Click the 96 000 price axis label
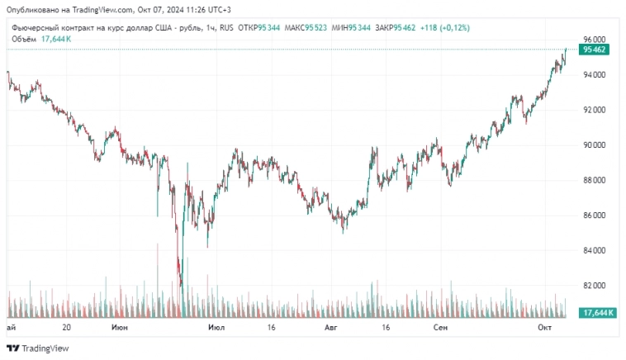coord(595,40)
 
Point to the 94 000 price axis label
coord(595,75)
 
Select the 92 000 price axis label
coord(595,110)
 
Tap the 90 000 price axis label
coord(595,145)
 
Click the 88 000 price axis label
coord(595,180)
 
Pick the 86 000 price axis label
coord(595,216)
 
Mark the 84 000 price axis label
coord(595,250)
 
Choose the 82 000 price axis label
coord(595,286)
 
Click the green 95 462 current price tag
coord(595,50)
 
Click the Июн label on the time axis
coord(120,328)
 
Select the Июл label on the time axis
coord(217,328)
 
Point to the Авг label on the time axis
coord(331,328)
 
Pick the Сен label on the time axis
coord(441,328)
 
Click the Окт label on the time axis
coord(544,328)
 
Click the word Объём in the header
coord(23,38)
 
